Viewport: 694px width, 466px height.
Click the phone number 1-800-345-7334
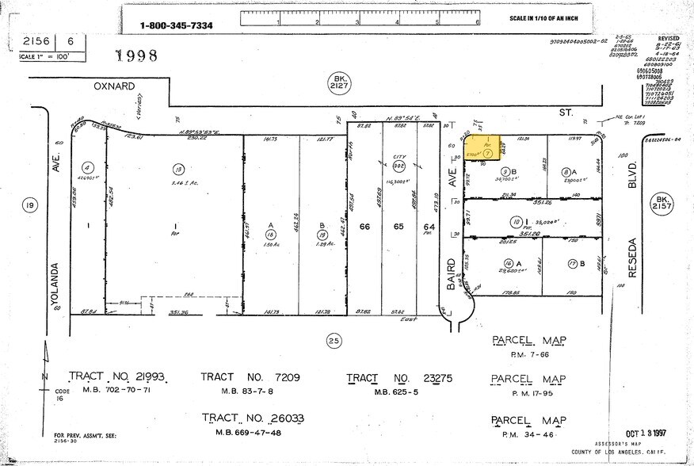pyautogui.click(x=177, y=25)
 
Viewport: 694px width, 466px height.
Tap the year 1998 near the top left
pyautogui.click(x=137, y=55)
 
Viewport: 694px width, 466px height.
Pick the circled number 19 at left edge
pyautogui.click(x=31, y=206)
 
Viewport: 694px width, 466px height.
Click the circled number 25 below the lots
pyautogui.click(x=334, y=342)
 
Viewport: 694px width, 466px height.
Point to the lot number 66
pyautogui.click(x=364, y=227)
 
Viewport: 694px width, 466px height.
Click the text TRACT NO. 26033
pyautogui.click(x=253, y=418)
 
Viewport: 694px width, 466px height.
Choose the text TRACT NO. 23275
pyautogui.click(x=395, y=376)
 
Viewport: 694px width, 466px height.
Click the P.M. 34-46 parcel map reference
pyautogui.click(x=529, y=434)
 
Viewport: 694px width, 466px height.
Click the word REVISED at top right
pyautogui.click(x=669, y=37)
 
